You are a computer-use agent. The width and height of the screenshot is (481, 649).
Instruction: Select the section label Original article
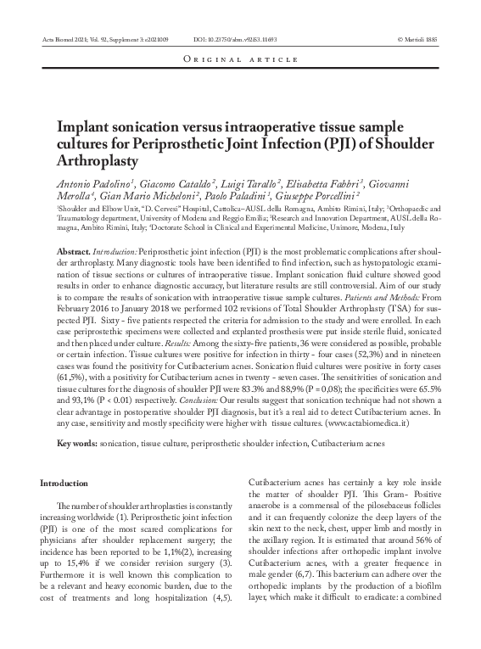[240, 60]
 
